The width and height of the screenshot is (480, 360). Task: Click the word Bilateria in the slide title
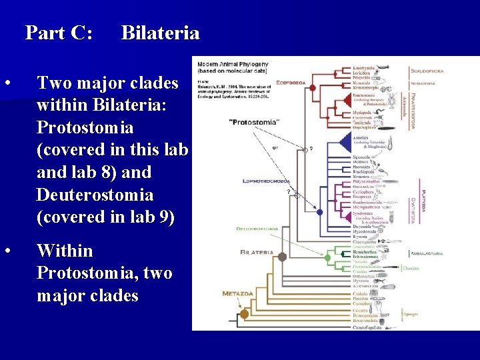pos(160,32)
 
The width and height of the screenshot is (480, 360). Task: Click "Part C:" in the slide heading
pos(59,32)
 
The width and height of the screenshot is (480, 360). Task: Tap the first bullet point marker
pos(7,83)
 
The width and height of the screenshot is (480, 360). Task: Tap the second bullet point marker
pos(7,251)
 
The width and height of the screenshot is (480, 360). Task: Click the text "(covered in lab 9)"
pos(105,217)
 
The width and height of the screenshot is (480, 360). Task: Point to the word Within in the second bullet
pos(65,251)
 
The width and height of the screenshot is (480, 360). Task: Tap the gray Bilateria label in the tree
pos(257,253)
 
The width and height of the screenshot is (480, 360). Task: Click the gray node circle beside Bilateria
pos(282,257)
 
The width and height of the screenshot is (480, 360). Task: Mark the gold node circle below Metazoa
pos(244,313)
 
